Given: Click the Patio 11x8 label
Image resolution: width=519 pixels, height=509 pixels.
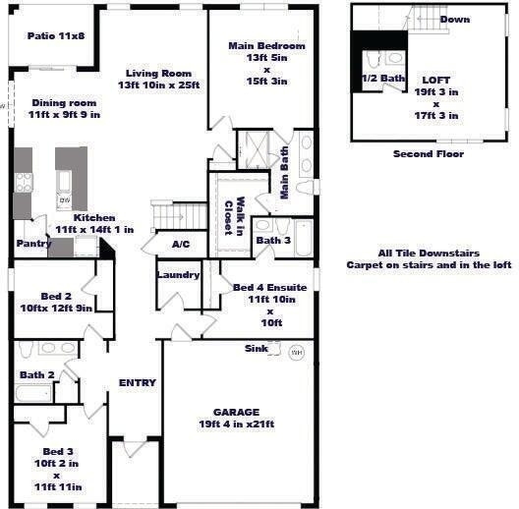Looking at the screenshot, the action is pyautogui.click(x=56, y=35).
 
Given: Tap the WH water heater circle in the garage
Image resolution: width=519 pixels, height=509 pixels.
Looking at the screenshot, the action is pyautogui.click(x=297, y=353).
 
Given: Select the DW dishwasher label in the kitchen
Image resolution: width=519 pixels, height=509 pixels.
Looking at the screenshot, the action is pyautogui.click(x=64, y=199).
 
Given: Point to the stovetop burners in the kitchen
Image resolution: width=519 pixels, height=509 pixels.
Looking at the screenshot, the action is pyautogui.click(x=24, y=183).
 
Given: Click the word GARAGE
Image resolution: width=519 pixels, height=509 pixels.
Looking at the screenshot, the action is pyautogui.click(x=236, y=412).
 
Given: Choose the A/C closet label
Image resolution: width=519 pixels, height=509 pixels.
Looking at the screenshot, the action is pyautogui.click(x=181, y=245).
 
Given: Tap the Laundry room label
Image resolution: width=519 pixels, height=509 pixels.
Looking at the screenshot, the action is pyautogui.click(x=179, y=275).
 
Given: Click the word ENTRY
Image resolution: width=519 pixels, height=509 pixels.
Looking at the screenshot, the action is pyautogui.click(x=138, y=382).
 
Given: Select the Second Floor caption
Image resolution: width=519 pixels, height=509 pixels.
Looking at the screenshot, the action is pyautogui.click(x=429, y=154).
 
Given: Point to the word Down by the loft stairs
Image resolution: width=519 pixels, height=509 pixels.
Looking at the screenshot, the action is pyautogui.click(x=455, y=20).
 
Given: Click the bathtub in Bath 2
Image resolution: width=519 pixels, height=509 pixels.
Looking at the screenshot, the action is pyautogui.click(x=33, y=393).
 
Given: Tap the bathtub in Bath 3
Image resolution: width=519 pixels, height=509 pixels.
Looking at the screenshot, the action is pyautogui.click(x=304, y=238).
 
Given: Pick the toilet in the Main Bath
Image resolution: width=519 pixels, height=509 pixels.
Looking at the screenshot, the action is pyautogui.click(x=305, y=188).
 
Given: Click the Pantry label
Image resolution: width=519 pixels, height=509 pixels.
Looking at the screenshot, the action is pyautogui.click(x=33, y=244).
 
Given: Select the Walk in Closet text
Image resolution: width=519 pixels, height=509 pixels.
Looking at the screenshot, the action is pyautogui.click(x=234, y=216).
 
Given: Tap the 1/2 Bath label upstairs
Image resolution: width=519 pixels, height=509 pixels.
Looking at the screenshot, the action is pyautogui.click(x=383, y=78).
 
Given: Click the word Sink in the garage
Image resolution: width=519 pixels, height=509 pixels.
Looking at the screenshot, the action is pyautogui.click(x=257, y=349).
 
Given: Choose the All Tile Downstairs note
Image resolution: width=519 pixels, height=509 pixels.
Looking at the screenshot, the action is pyautogui.click(x=429, y=254).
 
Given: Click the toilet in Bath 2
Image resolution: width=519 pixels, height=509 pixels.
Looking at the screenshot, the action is pyautogui.click(x=26, y=350).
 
